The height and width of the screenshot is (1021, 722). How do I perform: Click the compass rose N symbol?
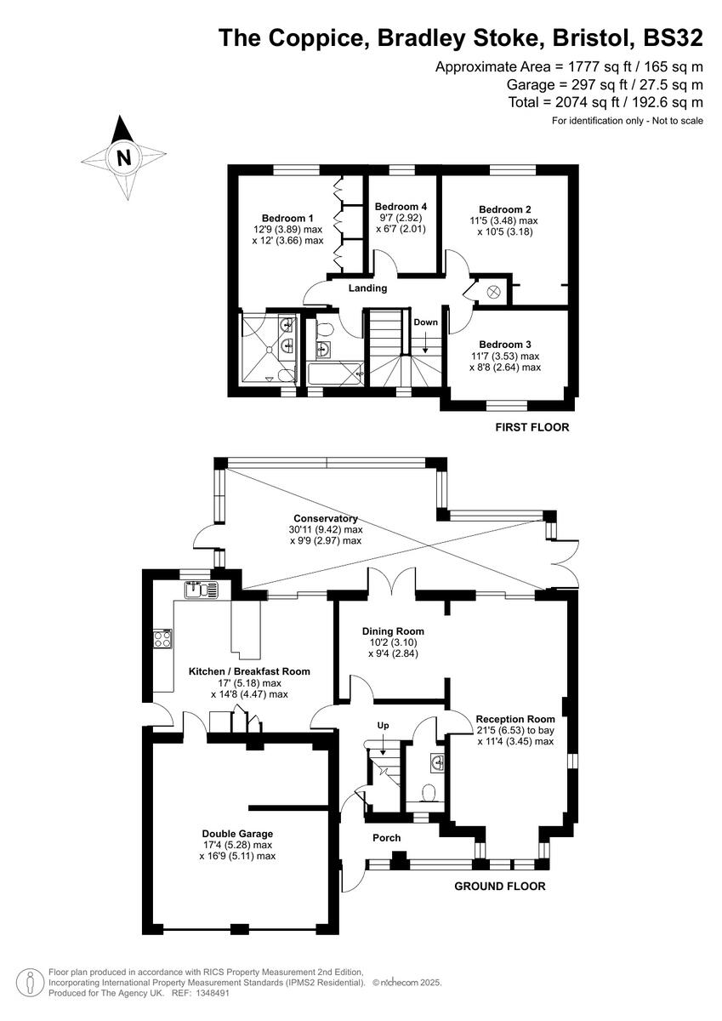click(125, 157)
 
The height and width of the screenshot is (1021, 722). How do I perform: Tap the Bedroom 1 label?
click(287, 217)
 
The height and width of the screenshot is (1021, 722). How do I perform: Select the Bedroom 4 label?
click(401, 207)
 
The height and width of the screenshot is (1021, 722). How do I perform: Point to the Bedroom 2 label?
click(505, 209)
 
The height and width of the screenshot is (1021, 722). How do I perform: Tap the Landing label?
click(367, 288)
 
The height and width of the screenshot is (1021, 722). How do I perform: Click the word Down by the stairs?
click(425, 322)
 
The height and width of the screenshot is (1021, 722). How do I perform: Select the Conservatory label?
click(326, 518)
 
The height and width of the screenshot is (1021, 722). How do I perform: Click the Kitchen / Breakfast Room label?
click(249, 671)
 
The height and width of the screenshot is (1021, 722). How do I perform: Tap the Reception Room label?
click(515, 718)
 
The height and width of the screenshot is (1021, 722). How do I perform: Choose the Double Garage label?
click(237, 833)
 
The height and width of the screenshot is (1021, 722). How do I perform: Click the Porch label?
click(387, 838)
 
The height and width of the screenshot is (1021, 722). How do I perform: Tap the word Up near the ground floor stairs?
click(384, 725)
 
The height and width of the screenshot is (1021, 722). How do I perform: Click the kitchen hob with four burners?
click(162, 639)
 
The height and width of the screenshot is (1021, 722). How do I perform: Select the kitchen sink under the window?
click(200, 590)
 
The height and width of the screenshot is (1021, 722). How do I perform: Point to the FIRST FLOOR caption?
click(532, 427)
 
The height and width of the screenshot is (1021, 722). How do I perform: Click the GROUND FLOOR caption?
click(499, 886)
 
